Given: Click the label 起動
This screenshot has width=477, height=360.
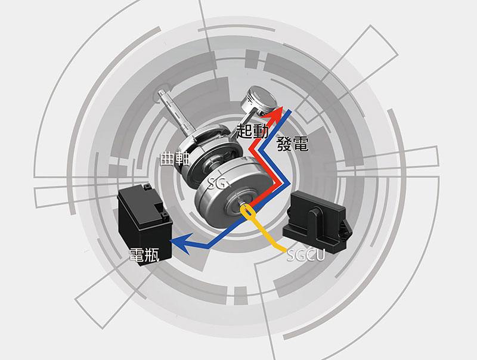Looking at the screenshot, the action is (252, 131).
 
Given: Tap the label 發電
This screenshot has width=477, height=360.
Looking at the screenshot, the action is (293, 144).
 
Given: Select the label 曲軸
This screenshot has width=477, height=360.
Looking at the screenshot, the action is (175, 159).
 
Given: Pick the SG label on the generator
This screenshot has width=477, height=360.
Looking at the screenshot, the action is (217, 183).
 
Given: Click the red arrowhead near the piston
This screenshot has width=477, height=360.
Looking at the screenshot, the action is (275, 113).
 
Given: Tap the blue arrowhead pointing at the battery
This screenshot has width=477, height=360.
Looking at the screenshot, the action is (182, 243).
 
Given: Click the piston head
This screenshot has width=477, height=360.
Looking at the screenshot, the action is (258, 100).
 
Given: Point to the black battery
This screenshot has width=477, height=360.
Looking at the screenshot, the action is (144, 224).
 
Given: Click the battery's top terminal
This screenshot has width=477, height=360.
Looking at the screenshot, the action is (147, 187).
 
